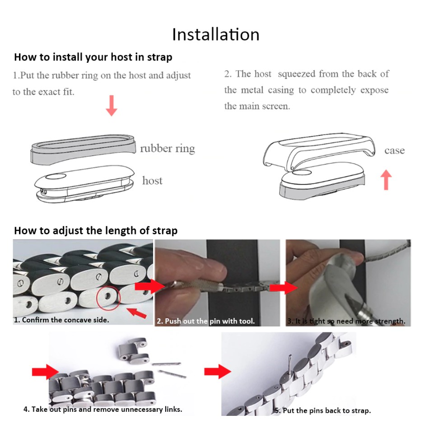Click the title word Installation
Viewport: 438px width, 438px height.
click(x=216, y=35)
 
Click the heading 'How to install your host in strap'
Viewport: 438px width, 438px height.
click(x=93, y=57)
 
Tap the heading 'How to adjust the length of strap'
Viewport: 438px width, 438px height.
click(x=96, y=231)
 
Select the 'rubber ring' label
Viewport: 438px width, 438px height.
click(x=168, y=149)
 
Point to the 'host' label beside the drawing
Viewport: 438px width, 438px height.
click(x=152, y=181)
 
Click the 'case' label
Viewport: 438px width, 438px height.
click(x=394, y=150)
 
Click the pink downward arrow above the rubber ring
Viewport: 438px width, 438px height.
click(x=112, y=106)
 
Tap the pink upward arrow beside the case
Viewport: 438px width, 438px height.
click(x=386, y=180)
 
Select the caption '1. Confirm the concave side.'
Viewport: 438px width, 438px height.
click(x=61, y=320)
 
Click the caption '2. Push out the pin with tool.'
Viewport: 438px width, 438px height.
click(x=206, y=321)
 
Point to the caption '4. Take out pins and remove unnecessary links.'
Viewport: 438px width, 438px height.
click(x=103, y=410)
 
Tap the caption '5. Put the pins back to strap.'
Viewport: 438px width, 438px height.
click(x=323, y=410)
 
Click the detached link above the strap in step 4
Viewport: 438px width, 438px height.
click(x=133, y=349)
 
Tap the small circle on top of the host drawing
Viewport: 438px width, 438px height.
click(x=56, y=176)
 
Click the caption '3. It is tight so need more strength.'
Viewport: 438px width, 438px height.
click(x=346, y=321)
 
